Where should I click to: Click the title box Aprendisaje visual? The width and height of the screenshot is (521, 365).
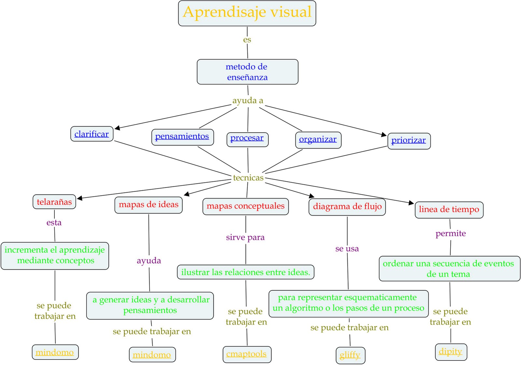point(247,13)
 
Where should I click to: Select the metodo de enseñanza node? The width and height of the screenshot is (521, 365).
point(247,72)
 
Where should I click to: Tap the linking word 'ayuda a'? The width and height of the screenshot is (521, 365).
point(247,100)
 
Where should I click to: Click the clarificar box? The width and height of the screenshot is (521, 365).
point(92,134)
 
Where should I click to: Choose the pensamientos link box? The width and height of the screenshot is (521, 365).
point(182,137)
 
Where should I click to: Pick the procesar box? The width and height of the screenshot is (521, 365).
point(247,139)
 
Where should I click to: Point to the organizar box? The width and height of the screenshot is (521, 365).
point(318,140)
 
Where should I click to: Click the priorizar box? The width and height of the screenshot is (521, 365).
point(409,141)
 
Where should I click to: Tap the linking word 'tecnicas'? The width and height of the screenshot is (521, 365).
point(248,178)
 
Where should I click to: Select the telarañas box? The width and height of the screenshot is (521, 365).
point(54,202)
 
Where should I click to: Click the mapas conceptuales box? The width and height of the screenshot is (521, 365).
point(246,206)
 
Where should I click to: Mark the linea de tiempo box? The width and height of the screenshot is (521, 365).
point(449,210)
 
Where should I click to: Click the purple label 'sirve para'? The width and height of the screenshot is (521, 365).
point(245,237)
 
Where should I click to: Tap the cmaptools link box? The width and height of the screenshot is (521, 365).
point(246,354)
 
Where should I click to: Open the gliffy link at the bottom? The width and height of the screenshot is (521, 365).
point(350,355)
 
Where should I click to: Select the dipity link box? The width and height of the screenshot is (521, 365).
point(451,352)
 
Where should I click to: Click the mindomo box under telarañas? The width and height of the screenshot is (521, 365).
point(55,352)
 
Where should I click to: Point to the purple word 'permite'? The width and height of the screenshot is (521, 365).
point(451,233)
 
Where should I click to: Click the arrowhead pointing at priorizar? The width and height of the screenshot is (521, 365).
point(384,135)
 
